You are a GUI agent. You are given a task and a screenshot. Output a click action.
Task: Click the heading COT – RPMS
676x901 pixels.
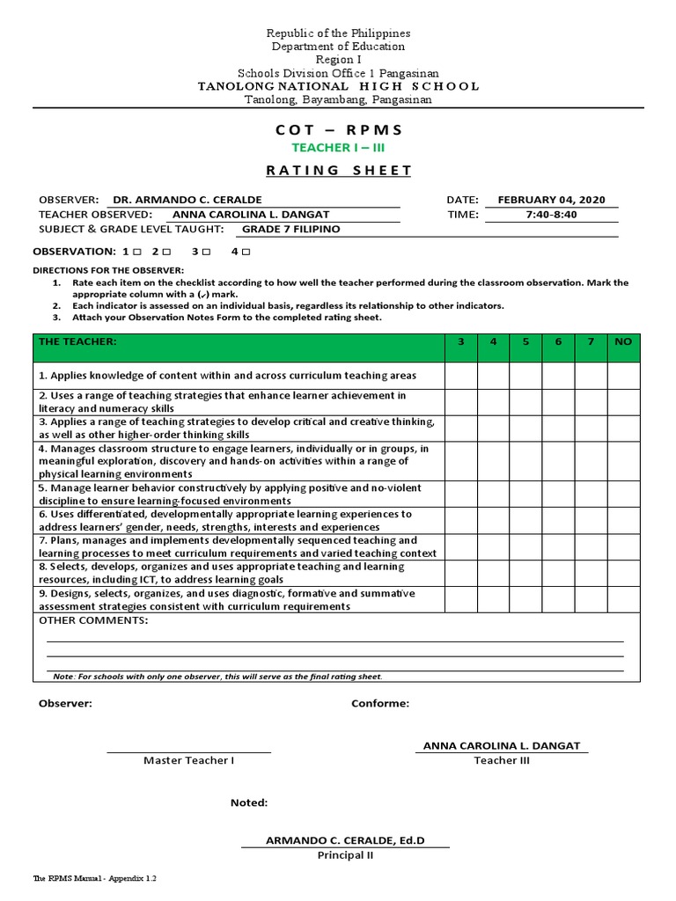pos(339,129)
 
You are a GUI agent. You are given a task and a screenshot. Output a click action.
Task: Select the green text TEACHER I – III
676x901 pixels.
pos(339,148)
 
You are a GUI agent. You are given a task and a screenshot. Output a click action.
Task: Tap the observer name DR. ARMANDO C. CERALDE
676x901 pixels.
pos(182,200)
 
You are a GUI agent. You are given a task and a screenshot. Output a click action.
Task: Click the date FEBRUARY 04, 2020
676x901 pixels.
pos(551,200)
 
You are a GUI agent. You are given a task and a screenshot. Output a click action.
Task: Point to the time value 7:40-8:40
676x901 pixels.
pos(550,214)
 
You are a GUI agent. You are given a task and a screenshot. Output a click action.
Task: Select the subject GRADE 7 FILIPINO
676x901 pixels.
pos(290,229)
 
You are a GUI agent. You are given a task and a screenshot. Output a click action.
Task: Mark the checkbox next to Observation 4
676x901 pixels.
pos(246,253)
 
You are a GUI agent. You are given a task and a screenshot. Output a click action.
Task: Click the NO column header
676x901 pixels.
pos(623,341)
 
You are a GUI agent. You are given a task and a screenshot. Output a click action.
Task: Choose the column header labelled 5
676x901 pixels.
pos(525,341)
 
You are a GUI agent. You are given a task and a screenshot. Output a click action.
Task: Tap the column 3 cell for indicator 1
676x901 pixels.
pos(460,376)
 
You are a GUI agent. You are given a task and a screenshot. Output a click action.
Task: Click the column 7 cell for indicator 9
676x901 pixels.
pos(591,600)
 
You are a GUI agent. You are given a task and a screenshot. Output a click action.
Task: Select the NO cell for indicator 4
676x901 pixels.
pos(623,461)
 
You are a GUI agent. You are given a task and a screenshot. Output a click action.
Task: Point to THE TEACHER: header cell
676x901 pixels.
pos(77,341)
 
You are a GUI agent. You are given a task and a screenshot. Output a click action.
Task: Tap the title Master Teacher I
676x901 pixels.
pos(188,760)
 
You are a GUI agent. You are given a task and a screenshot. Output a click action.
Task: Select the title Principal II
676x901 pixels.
pos(345,855)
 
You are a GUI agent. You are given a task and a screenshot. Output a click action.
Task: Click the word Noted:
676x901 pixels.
pos(249,802)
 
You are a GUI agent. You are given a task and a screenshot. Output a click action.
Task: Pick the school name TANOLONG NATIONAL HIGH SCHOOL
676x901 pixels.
pos(339,86)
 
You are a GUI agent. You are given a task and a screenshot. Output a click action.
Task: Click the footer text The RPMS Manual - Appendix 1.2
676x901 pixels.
pos(95,878)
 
